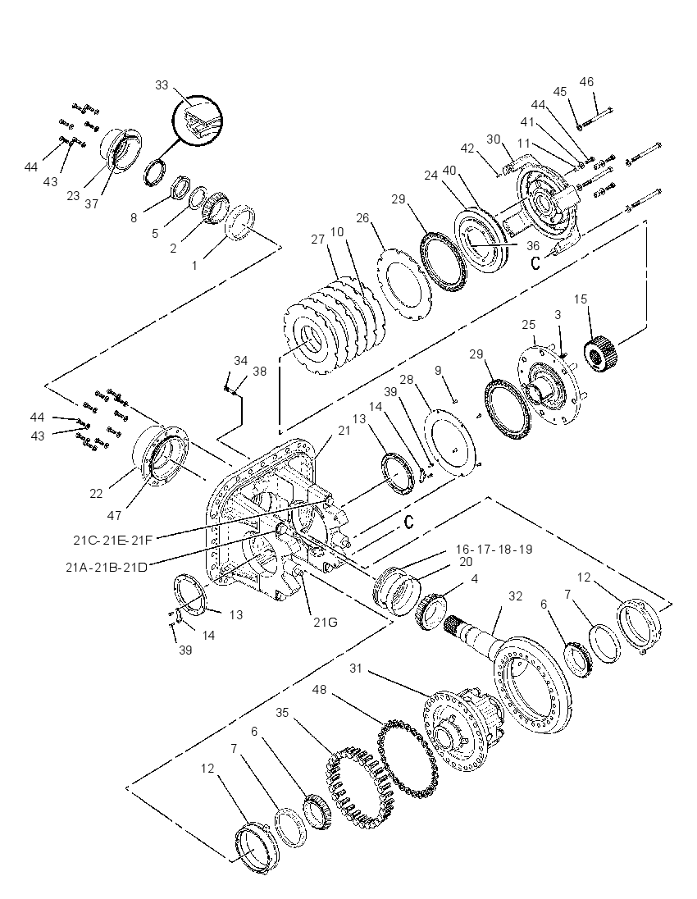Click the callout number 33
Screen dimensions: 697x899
pos(162,84)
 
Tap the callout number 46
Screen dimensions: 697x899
pos(586,82)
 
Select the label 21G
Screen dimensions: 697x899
pos(325,622)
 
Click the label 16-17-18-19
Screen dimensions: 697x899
pos(494,550)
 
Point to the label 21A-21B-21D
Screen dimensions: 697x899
pos(106,567)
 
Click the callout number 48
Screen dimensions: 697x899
pos(319,690)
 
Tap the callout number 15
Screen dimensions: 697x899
pos(581,299)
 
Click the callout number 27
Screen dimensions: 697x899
pos(318,240)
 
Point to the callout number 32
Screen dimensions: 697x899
pos(515,596)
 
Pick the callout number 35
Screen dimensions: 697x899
pos(282,713)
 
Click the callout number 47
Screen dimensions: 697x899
pos(114,515)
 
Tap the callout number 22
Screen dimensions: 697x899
pos(96,493)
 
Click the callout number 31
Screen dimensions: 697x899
pos(356,669)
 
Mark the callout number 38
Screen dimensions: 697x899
pos(259,372)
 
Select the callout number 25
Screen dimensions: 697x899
pos(528,325)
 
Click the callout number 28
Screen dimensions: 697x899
pos(407,380)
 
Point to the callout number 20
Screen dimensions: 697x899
pos(466,563)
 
